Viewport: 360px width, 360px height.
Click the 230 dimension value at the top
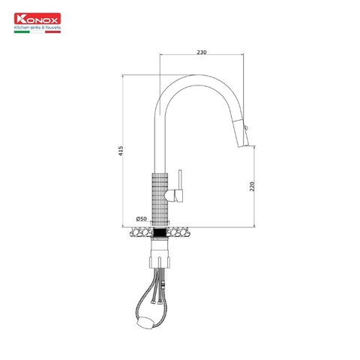(202, 52)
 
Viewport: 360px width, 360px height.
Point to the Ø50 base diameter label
(140, 219)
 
